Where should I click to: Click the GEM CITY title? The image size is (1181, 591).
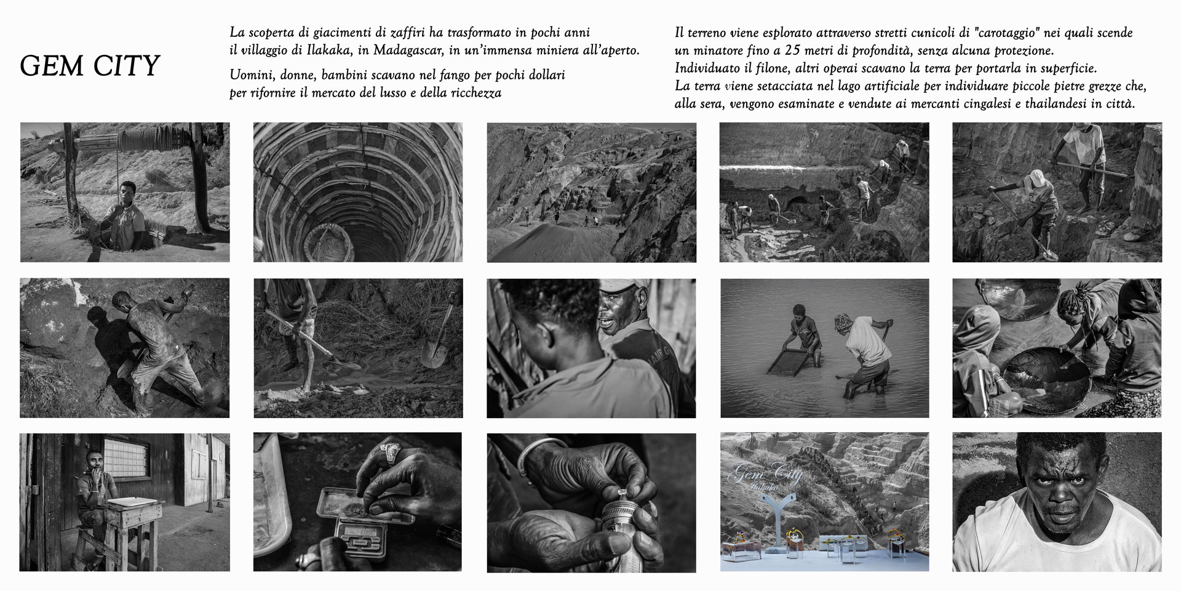[x=90, y=66]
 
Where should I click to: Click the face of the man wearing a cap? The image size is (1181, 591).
[x=622, y=315]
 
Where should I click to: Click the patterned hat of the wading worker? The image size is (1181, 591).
[x=842, y=322]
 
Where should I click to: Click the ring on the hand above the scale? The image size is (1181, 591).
[x=389, y=452]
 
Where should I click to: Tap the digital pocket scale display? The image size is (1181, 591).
[x=358, y=529]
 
